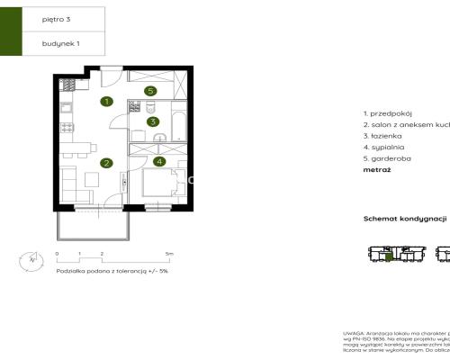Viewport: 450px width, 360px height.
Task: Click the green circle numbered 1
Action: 107,102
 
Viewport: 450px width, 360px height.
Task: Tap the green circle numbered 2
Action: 106,164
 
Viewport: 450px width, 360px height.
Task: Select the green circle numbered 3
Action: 153,121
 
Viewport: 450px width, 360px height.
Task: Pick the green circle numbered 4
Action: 159,162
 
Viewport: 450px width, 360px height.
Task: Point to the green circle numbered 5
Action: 150,91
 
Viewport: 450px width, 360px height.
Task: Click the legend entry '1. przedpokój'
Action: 386,113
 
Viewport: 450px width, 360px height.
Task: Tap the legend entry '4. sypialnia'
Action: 383,146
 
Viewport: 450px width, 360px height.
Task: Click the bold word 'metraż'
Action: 376,168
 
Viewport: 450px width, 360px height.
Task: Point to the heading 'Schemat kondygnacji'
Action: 405,219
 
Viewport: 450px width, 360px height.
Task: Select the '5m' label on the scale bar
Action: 168,255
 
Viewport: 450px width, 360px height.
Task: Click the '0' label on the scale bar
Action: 58,255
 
